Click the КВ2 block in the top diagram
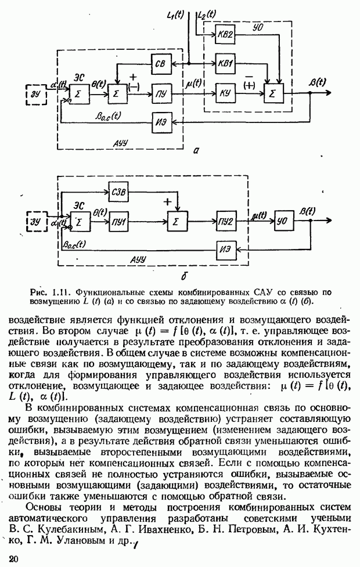[227, 35]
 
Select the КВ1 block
[227, 62]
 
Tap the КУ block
[227, 93]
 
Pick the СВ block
[161, 62]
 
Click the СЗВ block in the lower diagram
[120, 192]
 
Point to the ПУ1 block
[120, 221]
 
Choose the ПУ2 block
[227, 221]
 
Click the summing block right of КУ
[276, 93]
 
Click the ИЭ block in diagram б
[227, 250]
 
